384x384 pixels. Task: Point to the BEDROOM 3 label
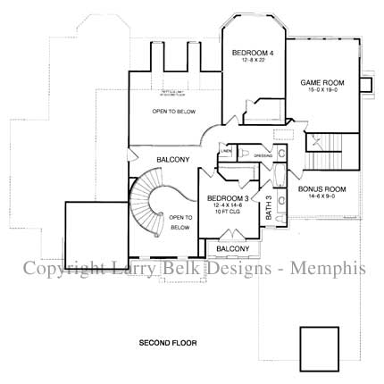pos(228,198)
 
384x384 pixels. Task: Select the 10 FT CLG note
pos(228,213)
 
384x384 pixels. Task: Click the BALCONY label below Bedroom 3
pos(233,247)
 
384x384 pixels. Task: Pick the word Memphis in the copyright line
pos(332,267)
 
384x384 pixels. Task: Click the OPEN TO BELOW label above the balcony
pos(173,112)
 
